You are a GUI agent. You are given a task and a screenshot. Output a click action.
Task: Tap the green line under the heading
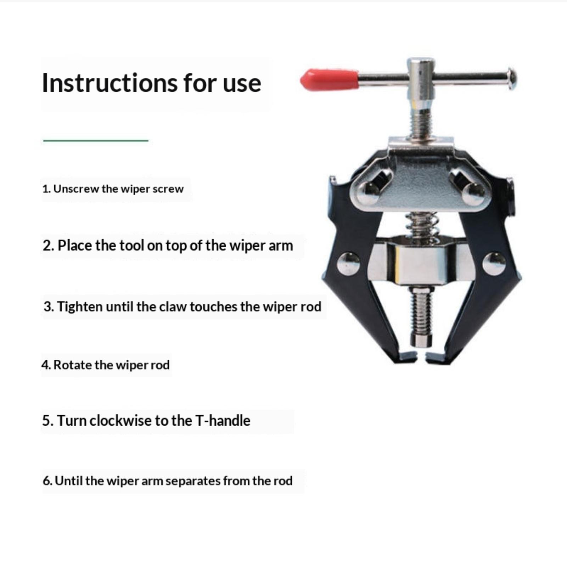(x=96, y=141)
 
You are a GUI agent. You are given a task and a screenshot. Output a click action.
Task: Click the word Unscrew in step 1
(x=76, y=189)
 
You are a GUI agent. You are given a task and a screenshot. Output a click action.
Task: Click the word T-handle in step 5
(x=223, y=421)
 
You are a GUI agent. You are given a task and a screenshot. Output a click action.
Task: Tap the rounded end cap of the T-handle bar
(x=511, y=79)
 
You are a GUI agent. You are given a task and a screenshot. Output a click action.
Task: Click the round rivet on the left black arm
(x=348, y=264)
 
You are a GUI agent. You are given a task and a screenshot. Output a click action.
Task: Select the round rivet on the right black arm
(x=494, y=264)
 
